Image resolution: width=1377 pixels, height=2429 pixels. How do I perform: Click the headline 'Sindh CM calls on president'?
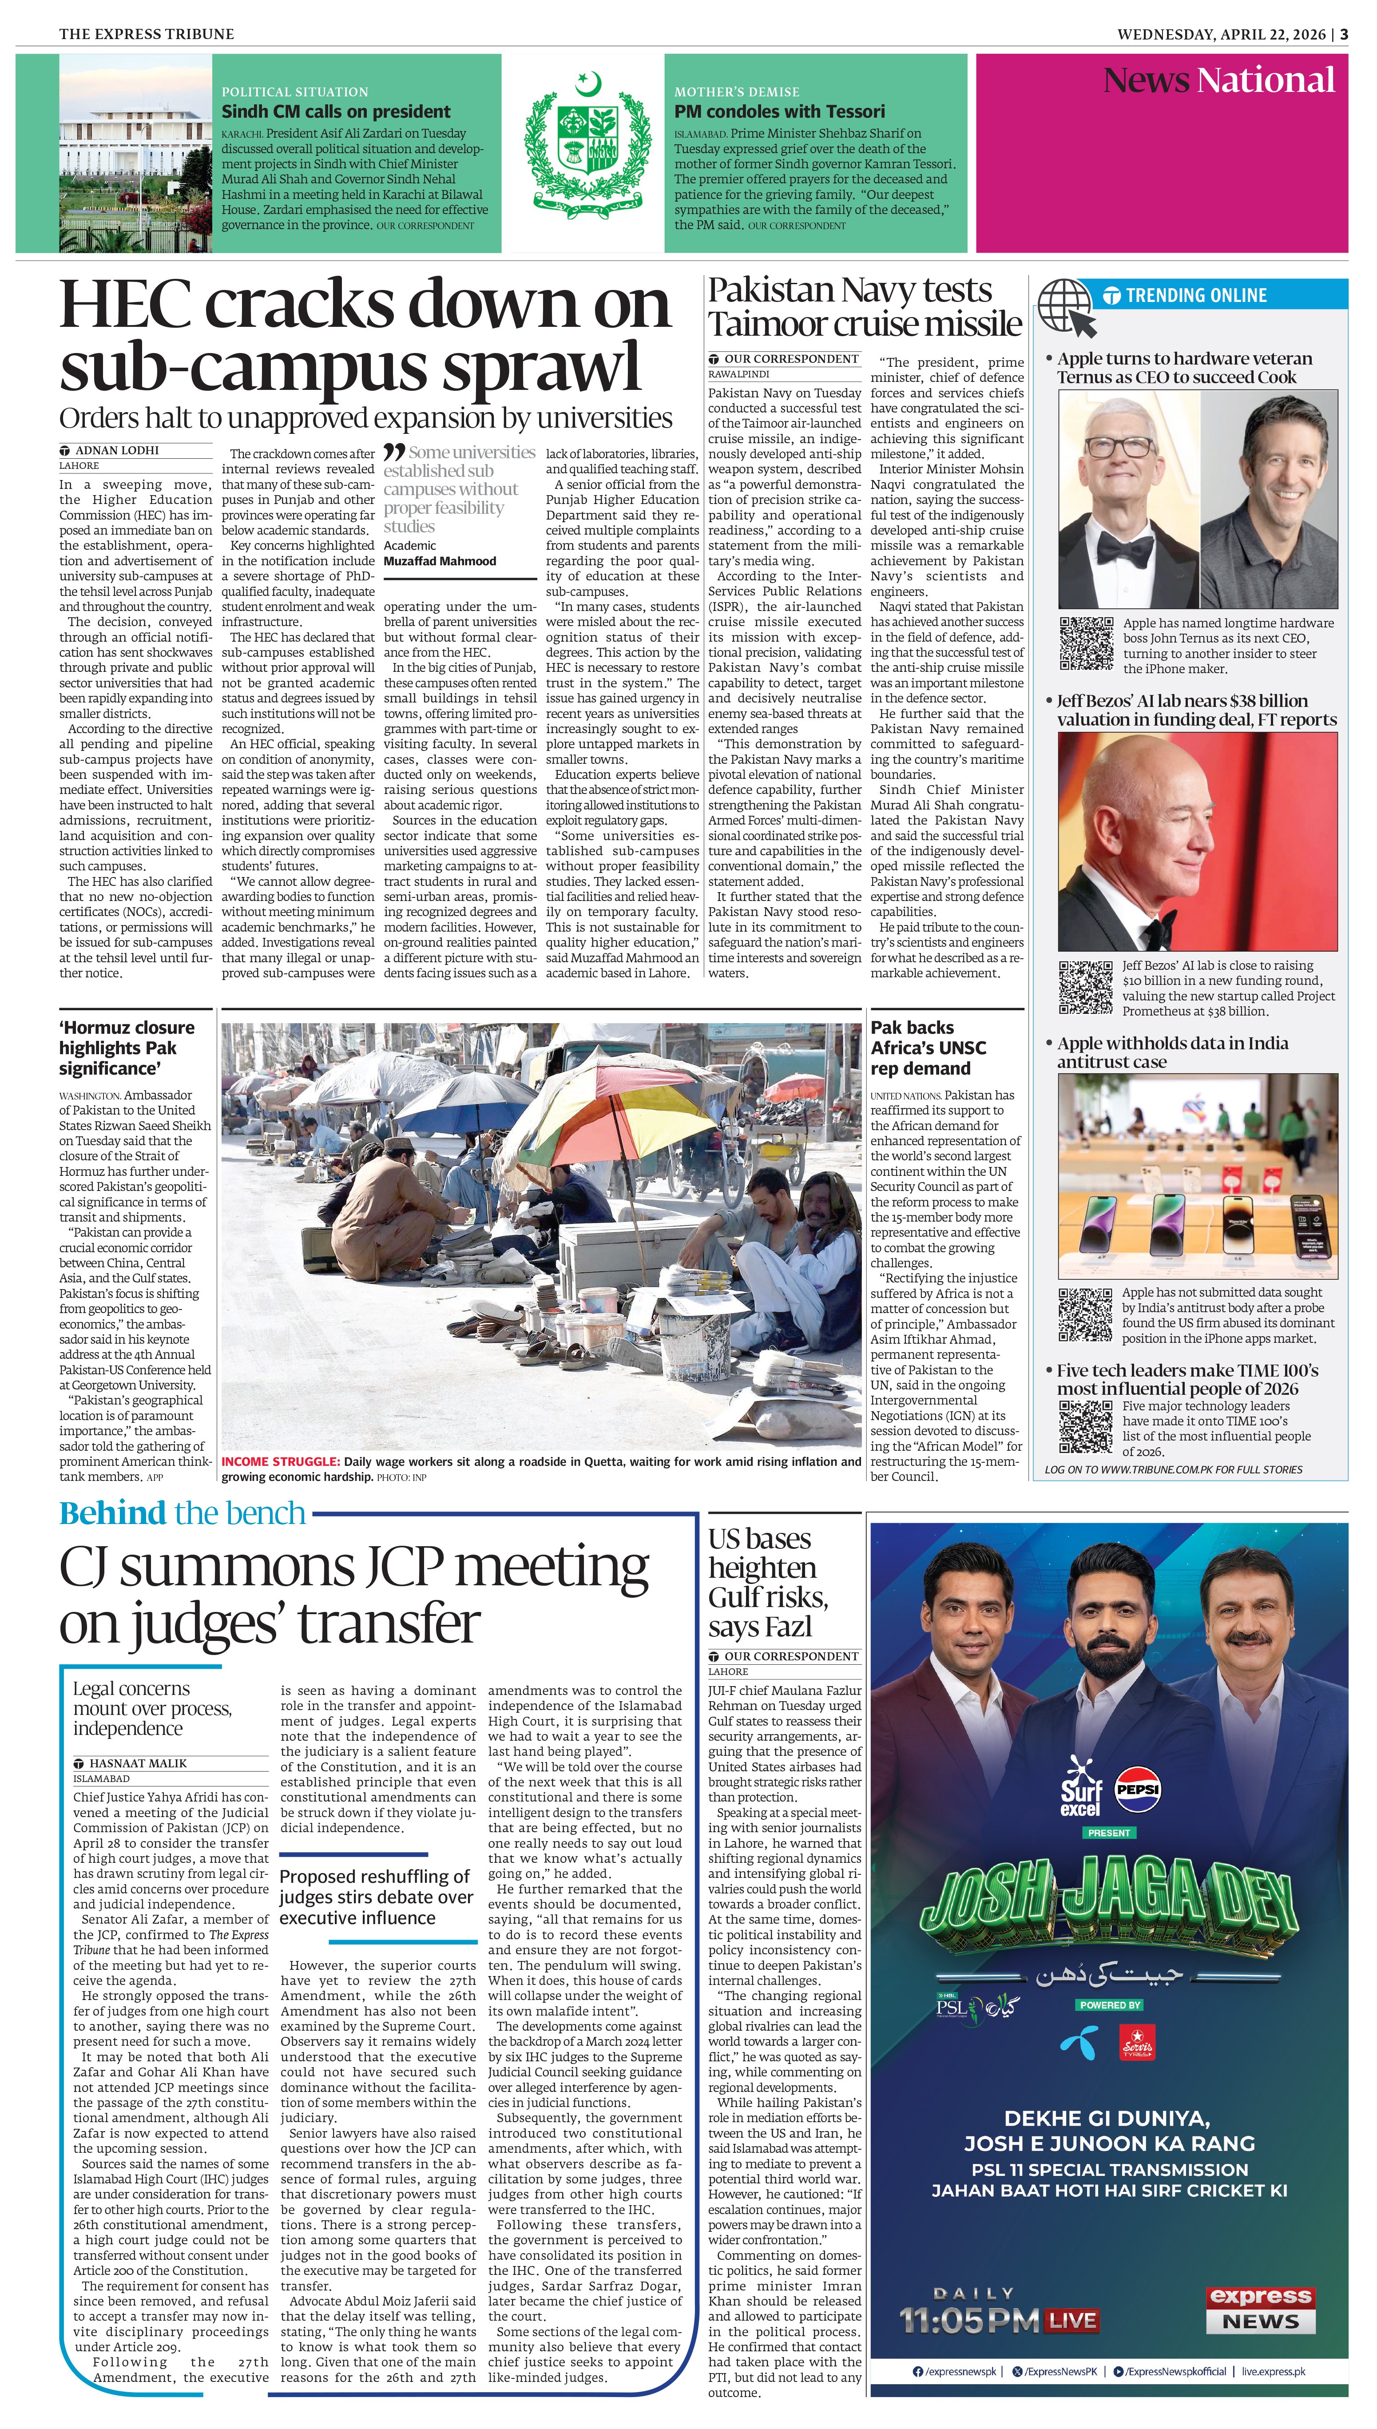point(336,111)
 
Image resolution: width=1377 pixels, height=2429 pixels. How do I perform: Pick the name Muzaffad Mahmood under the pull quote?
point(440,561)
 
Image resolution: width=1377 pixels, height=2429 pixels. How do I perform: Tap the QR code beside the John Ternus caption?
point(1086,644)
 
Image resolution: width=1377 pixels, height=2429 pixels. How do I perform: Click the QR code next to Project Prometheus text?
point(1086,986)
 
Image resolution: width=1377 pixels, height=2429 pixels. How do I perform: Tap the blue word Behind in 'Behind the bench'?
point(111,1513)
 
